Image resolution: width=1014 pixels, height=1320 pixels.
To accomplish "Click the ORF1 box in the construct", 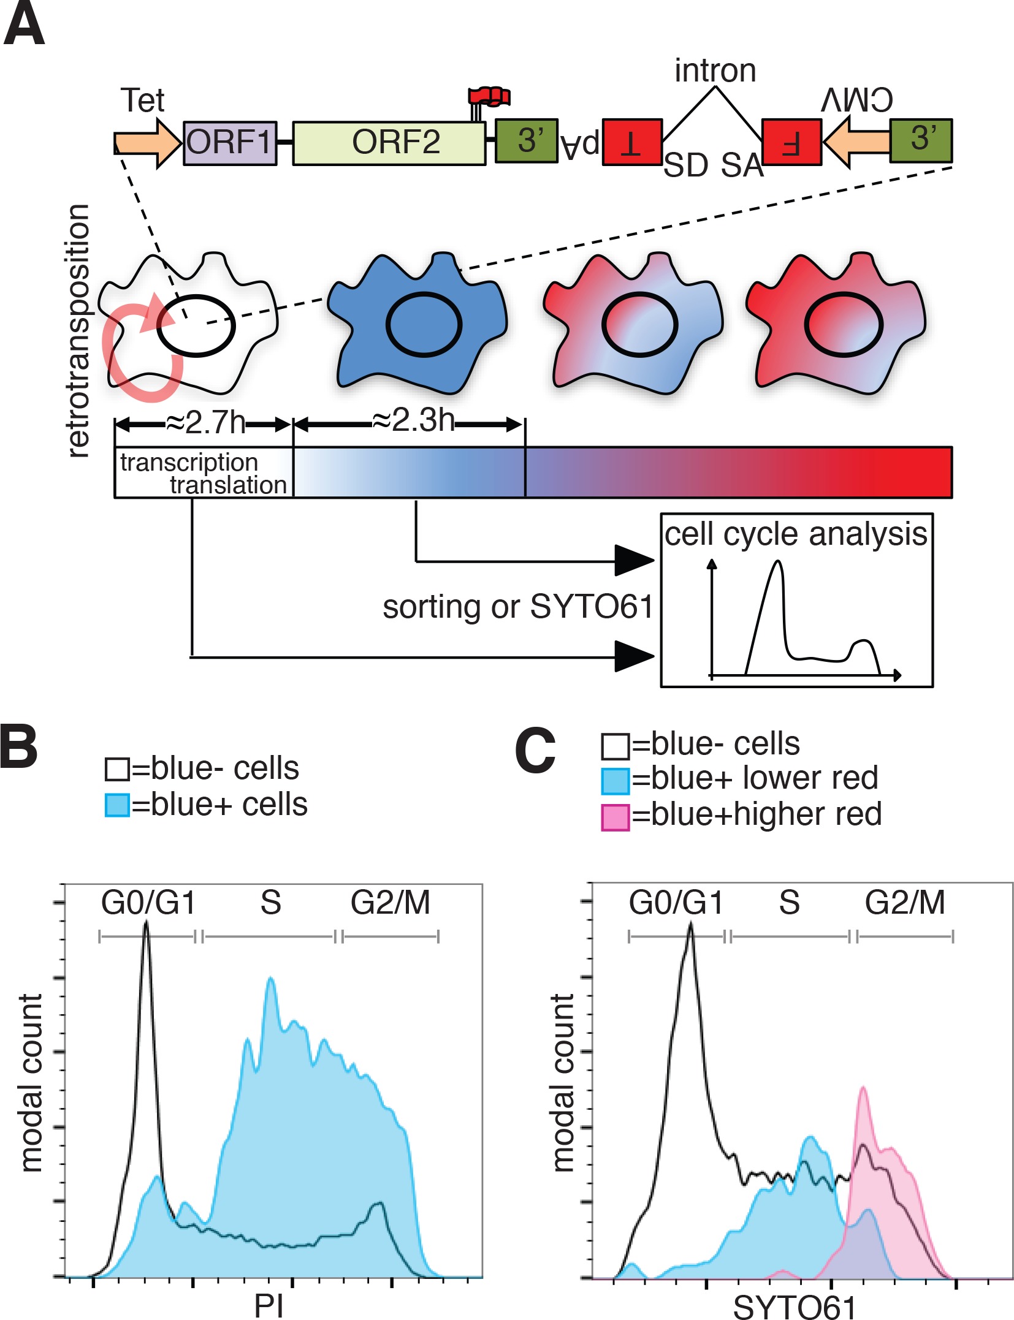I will point(230,143).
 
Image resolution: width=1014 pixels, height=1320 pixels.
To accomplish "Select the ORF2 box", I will point(389,143).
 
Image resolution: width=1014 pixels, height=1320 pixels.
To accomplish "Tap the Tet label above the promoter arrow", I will point(142,101).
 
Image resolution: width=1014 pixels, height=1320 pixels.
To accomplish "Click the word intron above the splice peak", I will point(715,70).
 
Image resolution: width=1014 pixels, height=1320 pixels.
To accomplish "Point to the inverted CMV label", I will point(857,100).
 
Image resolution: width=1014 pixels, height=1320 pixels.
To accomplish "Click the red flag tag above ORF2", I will point(489,97).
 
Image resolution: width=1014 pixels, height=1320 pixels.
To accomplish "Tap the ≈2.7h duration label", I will point(205,423).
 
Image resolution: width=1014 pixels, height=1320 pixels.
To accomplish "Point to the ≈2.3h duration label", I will point(413,421).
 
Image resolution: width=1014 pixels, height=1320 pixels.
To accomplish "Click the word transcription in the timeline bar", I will point(189,463).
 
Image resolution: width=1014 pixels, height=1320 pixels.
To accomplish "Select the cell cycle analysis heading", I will point(796,534).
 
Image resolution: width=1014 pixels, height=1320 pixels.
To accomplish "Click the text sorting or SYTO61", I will point(518,607).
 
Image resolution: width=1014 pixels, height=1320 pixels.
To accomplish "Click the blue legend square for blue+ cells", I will point(117,805).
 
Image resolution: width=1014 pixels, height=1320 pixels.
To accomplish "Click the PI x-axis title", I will point(269,1306).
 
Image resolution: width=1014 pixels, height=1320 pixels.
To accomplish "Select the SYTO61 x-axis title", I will point(794,1307).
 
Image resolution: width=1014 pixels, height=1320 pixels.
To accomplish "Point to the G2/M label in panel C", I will point(905,903).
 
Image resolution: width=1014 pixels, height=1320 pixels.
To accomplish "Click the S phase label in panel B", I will point(270,903).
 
